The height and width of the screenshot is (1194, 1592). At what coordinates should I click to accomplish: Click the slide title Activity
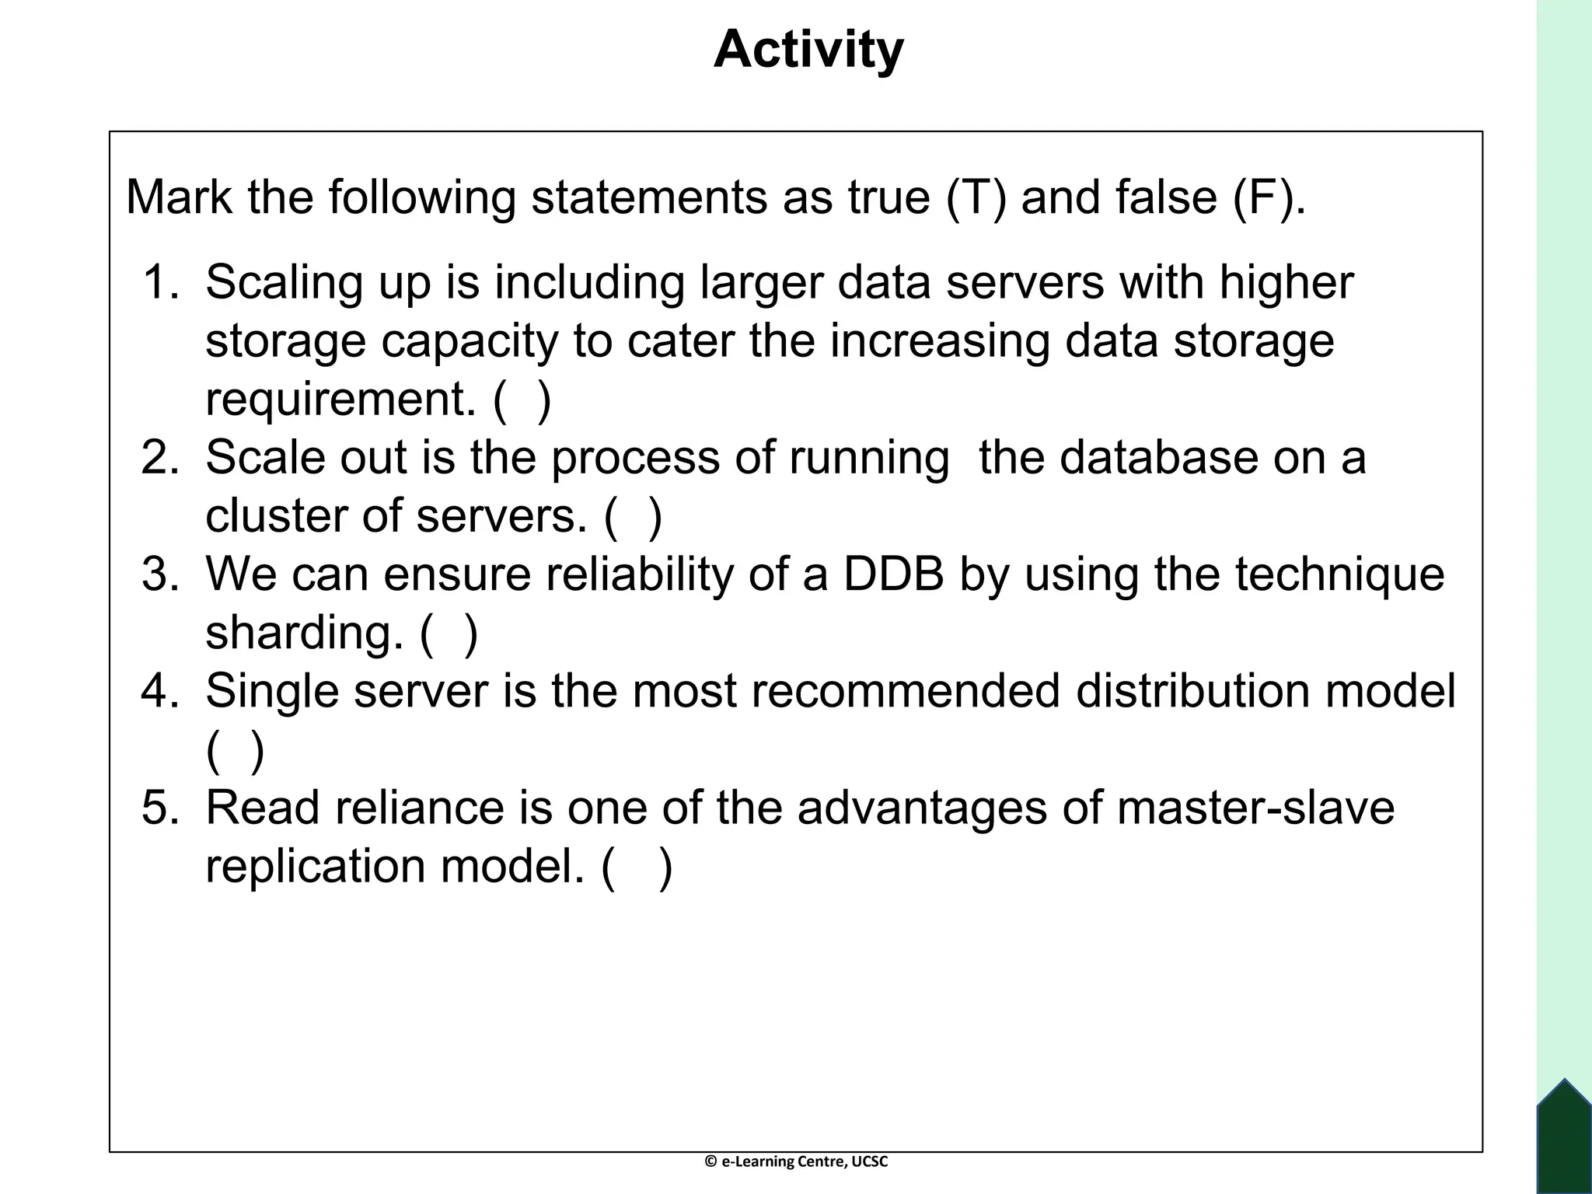(x=808, y=50)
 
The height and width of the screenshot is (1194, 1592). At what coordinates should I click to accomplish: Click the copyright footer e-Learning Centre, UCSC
(x=796, y=1161)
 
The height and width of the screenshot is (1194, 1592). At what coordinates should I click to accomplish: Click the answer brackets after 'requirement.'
(x=522, y=400)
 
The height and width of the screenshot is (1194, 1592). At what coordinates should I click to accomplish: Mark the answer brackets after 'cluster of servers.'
(x=634, y=516)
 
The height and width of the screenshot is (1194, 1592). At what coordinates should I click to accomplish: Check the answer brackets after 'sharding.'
(x=449, y=633)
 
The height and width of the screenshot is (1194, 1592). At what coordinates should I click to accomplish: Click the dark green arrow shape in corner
(x=1564, y=1139)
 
